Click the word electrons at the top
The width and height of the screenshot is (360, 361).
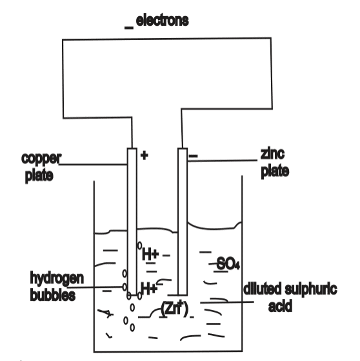click(x=162, y=21)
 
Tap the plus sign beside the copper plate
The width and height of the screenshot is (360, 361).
click(x=145, y=156)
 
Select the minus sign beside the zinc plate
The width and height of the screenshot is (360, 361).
click(x=193, y=156)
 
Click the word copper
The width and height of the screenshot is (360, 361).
click(x=41, y=159)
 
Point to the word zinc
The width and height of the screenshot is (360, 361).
click(x=273, y=154)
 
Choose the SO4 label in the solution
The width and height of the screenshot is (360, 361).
click(x=228, y=263)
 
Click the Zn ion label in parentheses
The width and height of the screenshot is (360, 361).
click(x=175, y=308)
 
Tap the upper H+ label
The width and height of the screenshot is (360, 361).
click(x=151, y=254)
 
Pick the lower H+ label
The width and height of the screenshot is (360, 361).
click(x=149, y=289)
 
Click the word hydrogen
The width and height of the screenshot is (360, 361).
click(x=57, y=278)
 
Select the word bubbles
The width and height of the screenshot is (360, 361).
click(x=53, y=294)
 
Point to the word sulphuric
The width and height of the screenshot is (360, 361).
click(x=311, y=289)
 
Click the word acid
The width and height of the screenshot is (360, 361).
click(x=280, y=306)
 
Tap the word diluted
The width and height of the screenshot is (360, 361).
click(x=262, y=289)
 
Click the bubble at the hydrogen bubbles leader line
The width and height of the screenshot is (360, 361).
click(x=125, y=287)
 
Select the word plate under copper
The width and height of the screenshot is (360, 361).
click(x=39, y=176)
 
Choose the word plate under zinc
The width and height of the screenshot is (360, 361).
click(x=275, y=171)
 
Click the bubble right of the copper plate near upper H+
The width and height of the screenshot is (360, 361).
click(x=139, y=245)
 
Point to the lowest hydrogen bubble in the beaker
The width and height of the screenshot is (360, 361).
click(x=132, y=327)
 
